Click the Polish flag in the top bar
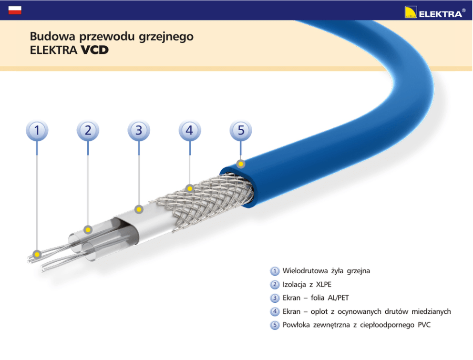(x=15, y=10)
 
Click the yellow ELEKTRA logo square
(x=411, y=12)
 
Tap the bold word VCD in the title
(x=94, y=50)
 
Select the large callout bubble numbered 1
(x=37, y=130)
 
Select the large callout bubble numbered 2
(x=88, y=130)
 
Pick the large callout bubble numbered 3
(x=139, y=130)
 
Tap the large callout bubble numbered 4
(x=190, y=130)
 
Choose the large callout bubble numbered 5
(x=241, y=130)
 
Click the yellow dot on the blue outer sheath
(x=241, y=165)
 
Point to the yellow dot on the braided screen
(x=190, y=189)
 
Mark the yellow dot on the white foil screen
(x=139, y=209)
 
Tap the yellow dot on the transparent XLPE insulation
(x=88, y=230)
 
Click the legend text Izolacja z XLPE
(x=307, y=285)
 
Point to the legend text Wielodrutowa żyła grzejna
(x=326, y=271)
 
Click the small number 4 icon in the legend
(x=275, y=312)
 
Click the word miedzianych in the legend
(x=431, y=312)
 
